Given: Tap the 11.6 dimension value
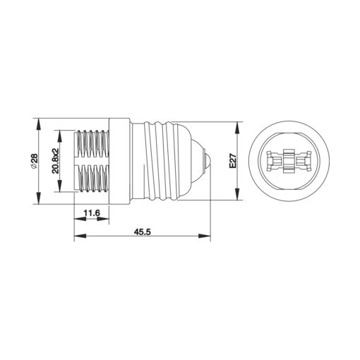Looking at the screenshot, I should click(x=90, y=213).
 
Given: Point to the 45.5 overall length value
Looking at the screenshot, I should click(x=143, y=230).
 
